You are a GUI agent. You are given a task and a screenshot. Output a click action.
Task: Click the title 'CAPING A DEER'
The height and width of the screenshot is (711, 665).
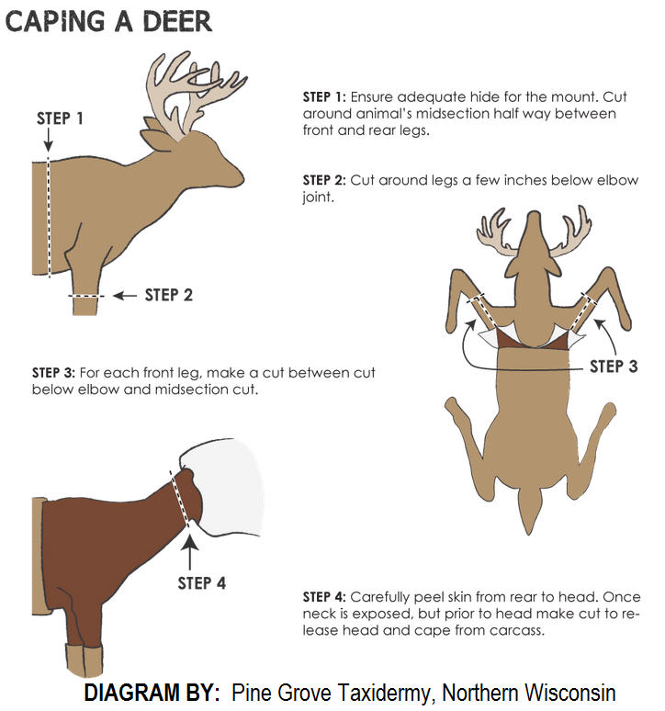pyautogui.click(x=108, y=20)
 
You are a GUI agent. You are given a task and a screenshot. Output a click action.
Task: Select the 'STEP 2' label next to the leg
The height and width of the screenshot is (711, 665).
pyautogui.click(x=169, y=295)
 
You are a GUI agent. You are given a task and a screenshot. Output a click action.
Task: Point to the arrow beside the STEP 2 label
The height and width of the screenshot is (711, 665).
pyautogui.click(x=123, y=296)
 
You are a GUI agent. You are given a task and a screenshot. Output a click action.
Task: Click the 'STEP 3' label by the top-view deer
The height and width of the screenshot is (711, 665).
pyautogui.click(x=614, y=366)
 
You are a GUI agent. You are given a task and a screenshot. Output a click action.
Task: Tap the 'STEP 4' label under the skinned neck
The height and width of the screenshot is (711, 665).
pyautogui.click(x=201, y=581)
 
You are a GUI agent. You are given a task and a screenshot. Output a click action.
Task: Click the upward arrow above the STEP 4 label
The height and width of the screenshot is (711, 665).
pyautogui.click(x=190, y=548)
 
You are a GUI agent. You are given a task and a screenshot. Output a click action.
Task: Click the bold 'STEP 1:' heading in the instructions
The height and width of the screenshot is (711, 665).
pyautogui.click(x=323, y=96)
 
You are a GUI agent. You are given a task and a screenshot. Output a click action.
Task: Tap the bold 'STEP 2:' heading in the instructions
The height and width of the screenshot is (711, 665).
pyautogui.click(x=323, y=180)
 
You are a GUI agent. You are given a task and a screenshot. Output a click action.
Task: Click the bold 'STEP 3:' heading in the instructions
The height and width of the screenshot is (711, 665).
pyautogui.click(x=53, y=373)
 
